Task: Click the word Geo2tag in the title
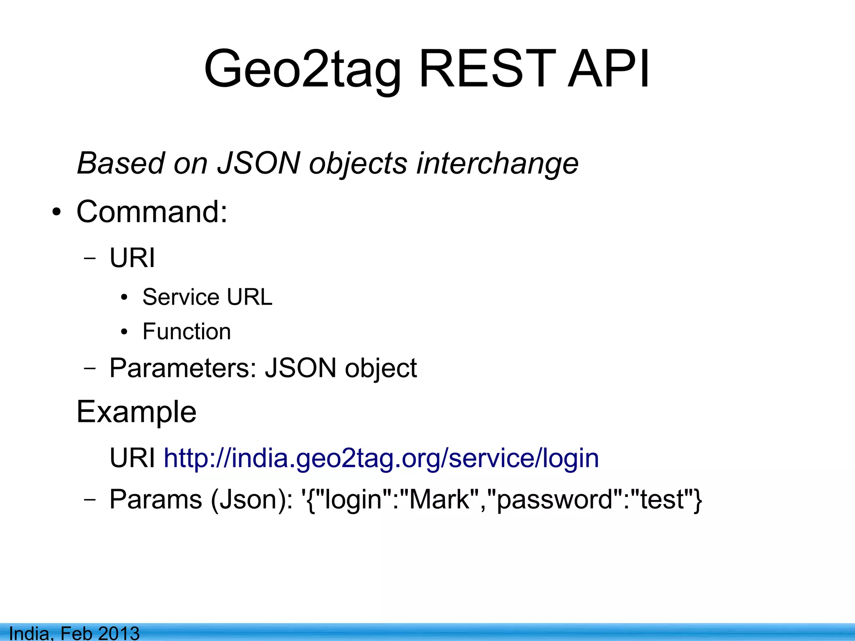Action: click(x=303, y=70)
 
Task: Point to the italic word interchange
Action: click(x=497, y=164)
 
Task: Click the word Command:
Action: click(x=152, y=212)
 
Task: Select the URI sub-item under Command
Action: click(x=132, y=257)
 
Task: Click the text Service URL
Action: click(x=207, y=297)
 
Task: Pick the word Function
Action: click(x=187, y=331)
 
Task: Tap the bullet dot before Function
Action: click(x=124, y=333)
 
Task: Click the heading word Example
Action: click(x=136, y=412)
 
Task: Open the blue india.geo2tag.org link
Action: click(x=381, y=458)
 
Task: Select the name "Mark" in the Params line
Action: click(x=439, y=499)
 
